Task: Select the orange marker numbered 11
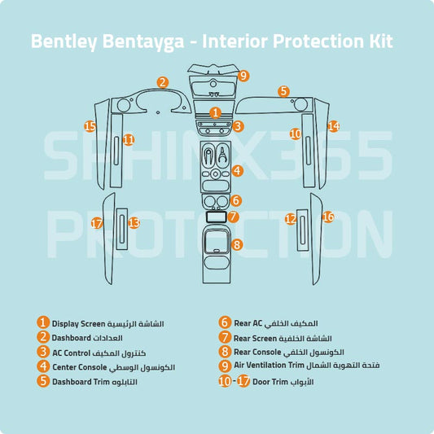128,140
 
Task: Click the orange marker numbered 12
290,218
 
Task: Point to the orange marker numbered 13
134,222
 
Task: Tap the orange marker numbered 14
333,126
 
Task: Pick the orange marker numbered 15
90,126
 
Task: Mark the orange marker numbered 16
328,217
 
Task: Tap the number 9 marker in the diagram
243,76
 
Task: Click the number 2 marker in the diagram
163,81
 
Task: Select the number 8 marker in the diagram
237,244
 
